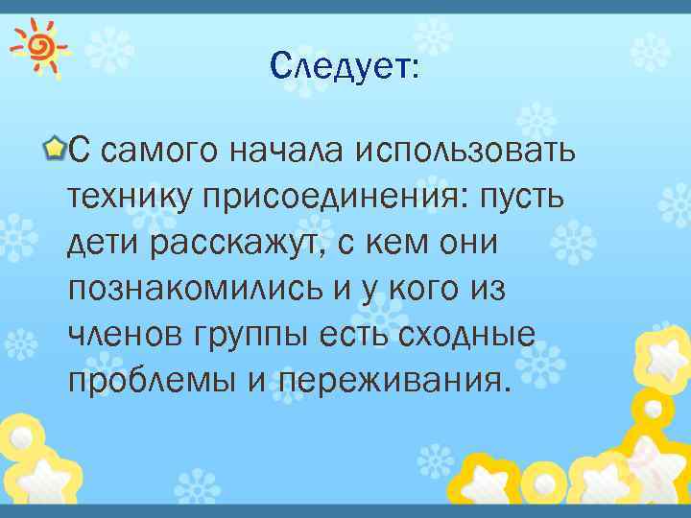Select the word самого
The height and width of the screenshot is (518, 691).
pyautogui.click(x=158, y=151)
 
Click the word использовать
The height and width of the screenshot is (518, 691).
pyautogui.click(x=467, y=151)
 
